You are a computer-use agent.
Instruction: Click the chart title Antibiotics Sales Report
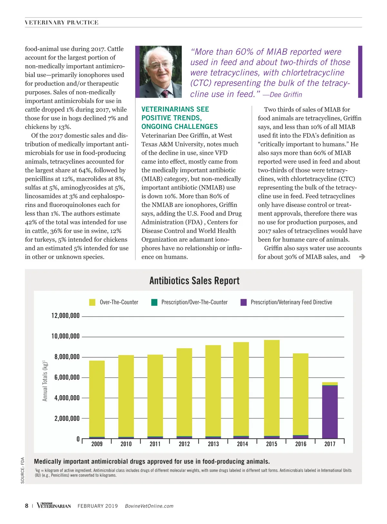point(194,281)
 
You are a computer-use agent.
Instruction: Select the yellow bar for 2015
point(272,387)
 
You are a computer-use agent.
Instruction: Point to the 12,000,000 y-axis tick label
point(65,316)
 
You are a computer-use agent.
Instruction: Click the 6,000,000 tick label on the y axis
point(67,377)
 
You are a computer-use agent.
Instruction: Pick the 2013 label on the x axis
point(213,444)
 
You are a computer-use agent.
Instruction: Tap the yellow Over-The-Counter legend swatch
point(92,302)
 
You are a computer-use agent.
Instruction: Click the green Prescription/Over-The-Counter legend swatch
point(154,302)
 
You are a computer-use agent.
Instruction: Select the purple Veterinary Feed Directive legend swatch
point(243,302)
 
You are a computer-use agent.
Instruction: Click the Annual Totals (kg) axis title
point(45,381)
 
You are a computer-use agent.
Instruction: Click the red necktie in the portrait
point(165,94)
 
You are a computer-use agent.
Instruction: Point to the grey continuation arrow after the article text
point(362,257)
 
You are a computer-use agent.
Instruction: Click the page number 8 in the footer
point(27,506)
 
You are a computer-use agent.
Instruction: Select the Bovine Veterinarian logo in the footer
point(54,505)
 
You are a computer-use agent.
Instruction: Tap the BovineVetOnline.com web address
point(149,506)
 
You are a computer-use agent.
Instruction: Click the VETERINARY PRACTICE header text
point(62,23)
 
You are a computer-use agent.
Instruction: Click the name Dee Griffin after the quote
point(286,95)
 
